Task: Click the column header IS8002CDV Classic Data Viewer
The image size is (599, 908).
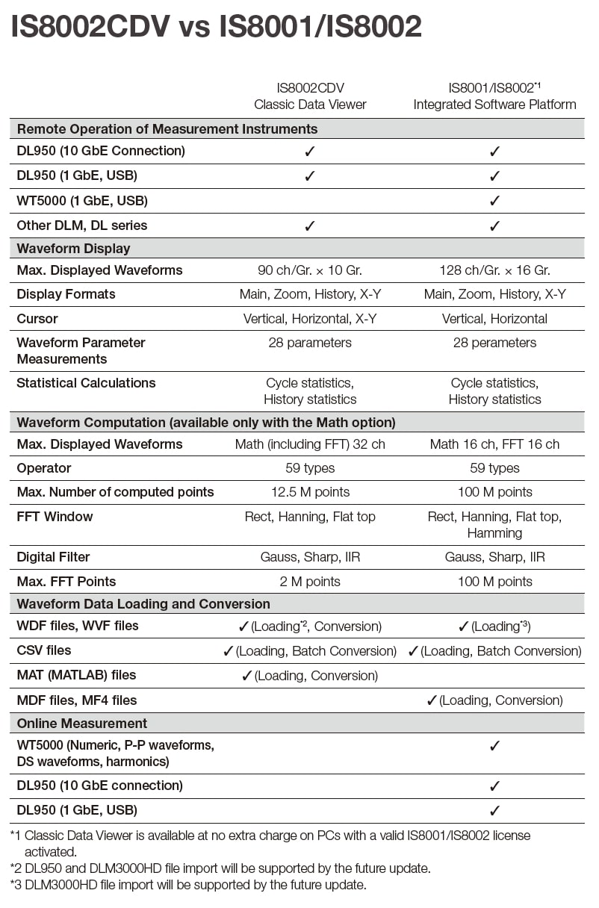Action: point(310,96)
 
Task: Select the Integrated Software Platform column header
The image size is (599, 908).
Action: point(494,105)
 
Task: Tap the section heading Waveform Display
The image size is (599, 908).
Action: point(73,249)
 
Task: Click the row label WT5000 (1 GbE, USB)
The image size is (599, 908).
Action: point(82,201)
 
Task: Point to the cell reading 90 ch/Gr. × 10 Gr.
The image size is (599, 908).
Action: point(310,270)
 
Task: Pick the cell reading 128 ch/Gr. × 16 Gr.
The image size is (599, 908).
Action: point(494,270)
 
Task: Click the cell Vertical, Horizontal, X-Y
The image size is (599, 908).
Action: point(310,319)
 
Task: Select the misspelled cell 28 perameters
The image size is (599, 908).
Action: point(494,343)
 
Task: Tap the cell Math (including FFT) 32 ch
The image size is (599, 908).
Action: point(310,444)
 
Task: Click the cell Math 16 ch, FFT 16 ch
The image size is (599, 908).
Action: point(494,444)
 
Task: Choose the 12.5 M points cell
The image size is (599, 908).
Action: point(310,492)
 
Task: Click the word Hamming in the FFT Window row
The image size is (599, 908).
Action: point(494,533)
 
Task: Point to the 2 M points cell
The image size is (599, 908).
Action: point(310,582)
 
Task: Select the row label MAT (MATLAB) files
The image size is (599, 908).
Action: point(76,675)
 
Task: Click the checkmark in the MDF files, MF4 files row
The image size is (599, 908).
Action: point(431,700)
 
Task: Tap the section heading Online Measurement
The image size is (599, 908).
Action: point(81,724)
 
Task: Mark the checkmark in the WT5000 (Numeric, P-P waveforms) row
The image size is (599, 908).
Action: point(494,746)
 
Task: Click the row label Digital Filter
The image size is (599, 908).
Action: point(53,557)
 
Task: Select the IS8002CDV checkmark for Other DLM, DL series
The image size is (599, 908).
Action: point(310,226)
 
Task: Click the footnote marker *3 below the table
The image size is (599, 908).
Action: point(15,886)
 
